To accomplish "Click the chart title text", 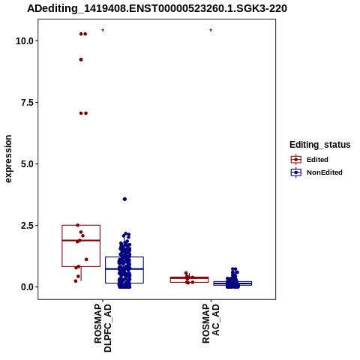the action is [157, 9].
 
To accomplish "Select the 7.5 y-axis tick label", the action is [28, 102].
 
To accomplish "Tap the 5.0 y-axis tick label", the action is [28, 163].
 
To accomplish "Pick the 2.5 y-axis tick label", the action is [28, 225].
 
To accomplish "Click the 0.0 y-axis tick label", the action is [28, 286].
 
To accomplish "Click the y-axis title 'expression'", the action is [8, 159].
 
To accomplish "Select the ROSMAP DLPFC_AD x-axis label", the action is [103, 328].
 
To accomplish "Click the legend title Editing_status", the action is [320, 145].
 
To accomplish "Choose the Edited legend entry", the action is [310, 160].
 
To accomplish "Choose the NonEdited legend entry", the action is [316, 172].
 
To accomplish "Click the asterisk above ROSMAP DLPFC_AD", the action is [103, 31].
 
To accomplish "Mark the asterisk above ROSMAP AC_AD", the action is [211, 31].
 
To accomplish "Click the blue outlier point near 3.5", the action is [124, 199].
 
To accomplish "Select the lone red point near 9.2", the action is [81, 59].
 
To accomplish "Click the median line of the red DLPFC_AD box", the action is [81, 240].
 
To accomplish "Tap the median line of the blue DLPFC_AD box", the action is [124, 268].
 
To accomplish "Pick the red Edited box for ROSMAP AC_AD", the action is [189, 280].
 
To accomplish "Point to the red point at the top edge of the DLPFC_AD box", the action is [78, 225].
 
